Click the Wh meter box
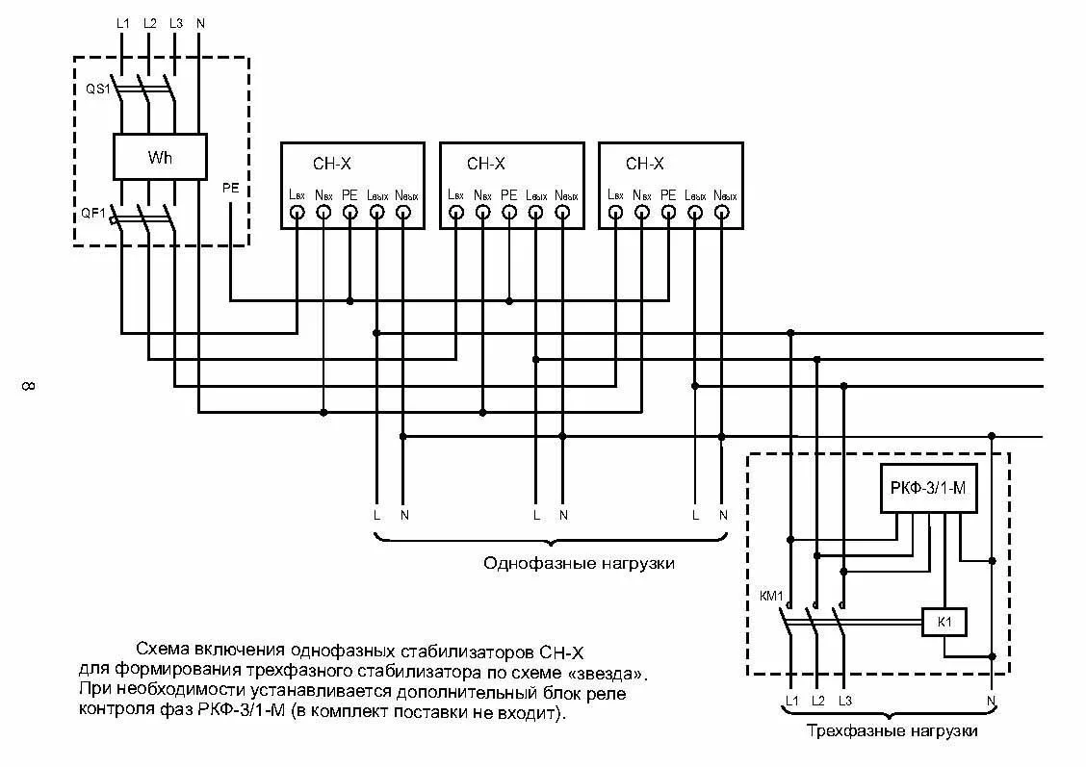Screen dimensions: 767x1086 click(160, 157)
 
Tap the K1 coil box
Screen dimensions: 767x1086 click(944, 623)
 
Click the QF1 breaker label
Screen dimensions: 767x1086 click(93, 214)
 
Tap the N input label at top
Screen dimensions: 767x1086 click(199, 22)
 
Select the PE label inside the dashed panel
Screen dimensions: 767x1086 click(230, 189)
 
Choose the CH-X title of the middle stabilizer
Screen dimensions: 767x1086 click(486, 164)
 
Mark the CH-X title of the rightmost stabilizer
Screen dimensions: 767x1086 click(645, 164)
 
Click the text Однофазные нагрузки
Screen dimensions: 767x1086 click(579, 563)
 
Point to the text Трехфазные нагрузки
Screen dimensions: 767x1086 click(892, 731)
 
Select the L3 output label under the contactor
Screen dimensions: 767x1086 click(845, 700)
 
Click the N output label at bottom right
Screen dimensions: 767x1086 click(992, 700)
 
